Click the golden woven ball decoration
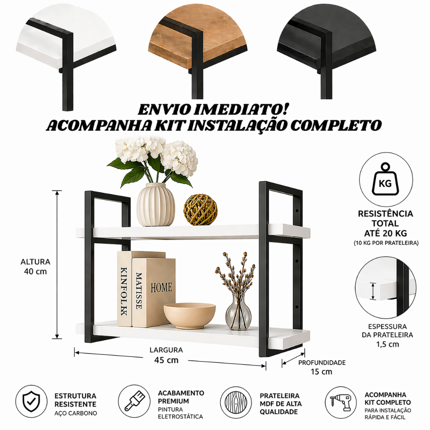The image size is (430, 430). [x=200, y=210]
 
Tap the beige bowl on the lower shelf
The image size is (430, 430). [x=189, y=316]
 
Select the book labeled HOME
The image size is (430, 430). [x=154, y=292]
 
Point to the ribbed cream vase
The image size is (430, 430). [x=156, y=205]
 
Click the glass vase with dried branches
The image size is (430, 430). [x=238, y=312]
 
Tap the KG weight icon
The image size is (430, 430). [x=385, y=179]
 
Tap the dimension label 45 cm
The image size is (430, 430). [x=166, y=360]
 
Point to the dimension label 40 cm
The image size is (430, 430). [x=35, y=272]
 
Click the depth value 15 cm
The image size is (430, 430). [x=321, y=372]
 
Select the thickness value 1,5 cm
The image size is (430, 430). [x=388, y=344]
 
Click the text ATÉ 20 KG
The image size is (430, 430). [x=385, y=233]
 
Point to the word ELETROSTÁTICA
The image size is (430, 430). [x=181, y=417]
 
